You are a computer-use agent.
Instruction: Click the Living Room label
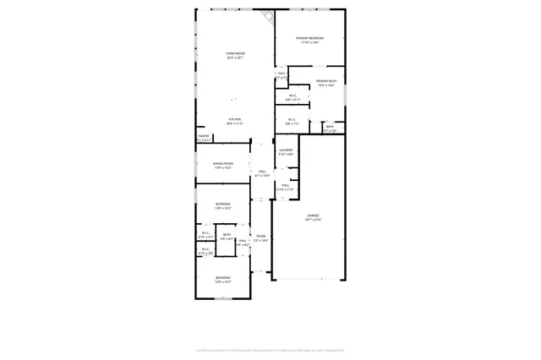tap(234, 54)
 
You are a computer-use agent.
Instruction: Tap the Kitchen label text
tap(234, 119)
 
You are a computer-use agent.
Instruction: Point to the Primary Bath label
tap(326, 81)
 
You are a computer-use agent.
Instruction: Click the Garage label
tap(313, 215)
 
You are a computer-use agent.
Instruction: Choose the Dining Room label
tap(222, 163)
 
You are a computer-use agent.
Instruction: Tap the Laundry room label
tap(287, 150)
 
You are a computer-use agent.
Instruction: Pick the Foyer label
tap(261, 237)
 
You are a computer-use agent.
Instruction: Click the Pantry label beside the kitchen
tap(204, 136)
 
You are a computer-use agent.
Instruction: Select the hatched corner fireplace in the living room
tap(268, 17)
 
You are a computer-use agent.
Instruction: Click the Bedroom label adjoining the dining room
tap(222, 204)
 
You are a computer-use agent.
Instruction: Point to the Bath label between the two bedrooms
tap(227, 235)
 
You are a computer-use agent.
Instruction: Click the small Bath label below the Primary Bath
tap(330, 127)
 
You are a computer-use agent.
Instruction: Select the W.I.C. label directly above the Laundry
tap(291, 119)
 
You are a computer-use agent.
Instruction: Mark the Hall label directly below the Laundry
tap(286, 184)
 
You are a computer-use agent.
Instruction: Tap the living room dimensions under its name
tap(234, 58)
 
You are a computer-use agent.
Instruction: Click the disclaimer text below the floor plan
tap(270, 347)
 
